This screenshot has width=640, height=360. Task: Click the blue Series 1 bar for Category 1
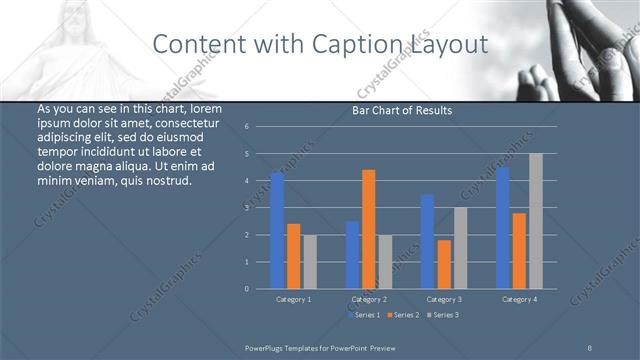[x=277, y=230]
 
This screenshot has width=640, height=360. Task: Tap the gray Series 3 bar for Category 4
[x=535, y=221]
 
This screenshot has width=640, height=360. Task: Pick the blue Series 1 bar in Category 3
[x=427, y=241]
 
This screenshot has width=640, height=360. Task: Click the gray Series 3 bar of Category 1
[x=309, y=261]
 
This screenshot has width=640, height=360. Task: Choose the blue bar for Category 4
[x=503, y=227]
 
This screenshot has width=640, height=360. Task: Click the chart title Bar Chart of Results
[x=402, y=110]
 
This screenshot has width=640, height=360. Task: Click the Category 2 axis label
[x=369, y=299]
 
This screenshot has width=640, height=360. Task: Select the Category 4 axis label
[x=519, y=299]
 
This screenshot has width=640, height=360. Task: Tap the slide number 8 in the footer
[x=590, y=346]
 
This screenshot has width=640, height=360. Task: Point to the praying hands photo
[x=585, y=45]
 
